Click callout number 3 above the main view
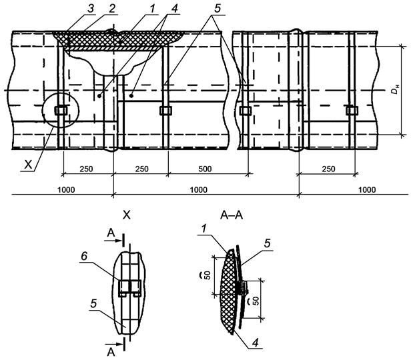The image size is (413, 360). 90,9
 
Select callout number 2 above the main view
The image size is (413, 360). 112,9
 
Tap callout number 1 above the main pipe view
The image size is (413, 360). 152,9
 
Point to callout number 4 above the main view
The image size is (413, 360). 174,9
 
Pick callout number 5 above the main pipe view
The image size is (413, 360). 217,9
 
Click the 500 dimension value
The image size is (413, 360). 205,169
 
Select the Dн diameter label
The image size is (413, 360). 394,89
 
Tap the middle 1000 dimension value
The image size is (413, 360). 199,189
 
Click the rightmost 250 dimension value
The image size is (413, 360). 328,169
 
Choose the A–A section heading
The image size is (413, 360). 232,215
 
